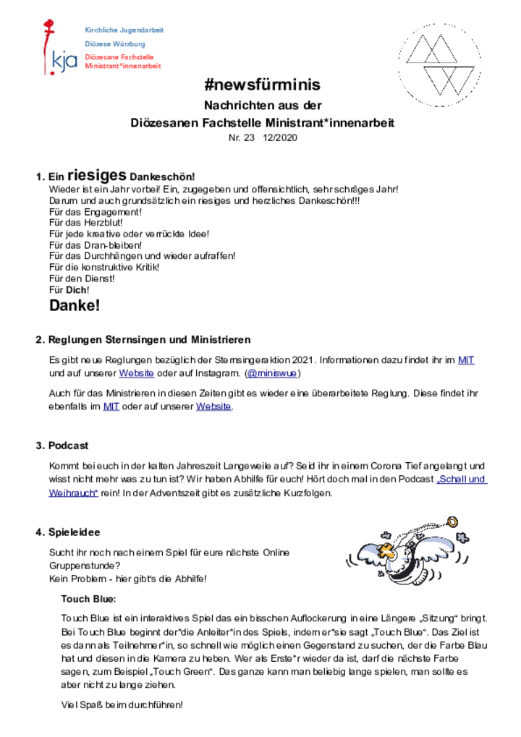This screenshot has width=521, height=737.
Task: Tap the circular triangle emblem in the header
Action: point(439,64)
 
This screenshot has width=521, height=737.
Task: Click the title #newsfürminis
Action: point(263,85)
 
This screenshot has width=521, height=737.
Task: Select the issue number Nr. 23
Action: point(241,137)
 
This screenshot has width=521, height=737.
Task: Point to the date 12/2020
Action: point(280,137)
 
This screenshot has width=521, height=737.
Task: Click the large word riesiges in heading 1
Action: point(97,175)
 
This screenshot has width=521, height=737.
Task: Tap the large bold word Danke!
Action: point(75,305)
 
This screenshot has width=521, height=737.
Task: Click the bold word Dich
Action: point(77,290)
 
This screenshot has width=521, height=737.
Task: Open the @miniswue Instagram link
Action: point(272,373)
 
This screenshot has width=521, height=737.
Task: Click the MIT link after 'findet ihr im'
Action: point(466,360)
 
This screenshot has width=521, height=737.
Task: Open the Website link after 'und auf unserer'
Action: point(136,373)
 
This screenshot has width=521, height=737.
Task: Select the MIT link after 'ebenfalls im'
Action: point(111,406)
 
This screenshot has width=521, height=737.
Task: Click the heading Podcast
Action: point(68,446)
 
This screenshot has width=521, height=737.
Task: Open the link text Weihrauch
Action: point(73,493)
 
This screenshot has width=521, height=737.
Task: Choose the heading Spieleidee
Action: point(75,532)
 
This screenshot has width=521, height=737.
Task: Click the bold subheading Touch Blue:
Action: point(88,599)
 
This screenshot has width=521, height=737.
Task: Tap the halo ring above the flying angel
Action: point(452,521)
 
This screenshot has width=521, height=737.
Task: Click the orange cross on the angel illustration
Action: point(386,550)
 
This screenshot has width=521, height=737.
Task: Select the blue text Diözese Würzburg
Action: point(115,43)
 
